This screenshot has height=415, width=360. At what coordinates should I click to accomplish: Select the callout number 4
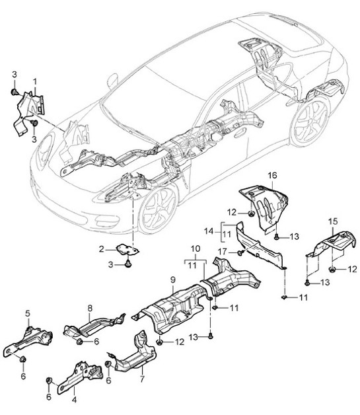pos(74,399)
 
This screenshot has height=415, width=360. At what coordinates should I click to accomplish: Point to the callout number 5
pos(28,313)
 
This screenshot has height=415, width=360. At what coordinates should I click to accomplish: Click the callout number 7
pos(141,379)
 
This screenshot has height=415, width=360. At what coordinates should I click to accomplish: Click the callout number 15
pos(334,219)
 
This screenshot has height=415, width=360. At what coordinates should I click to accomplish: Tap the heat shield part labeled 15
pos(330,248)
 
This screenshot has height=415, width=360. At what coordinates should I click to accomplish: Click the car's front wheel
pos(157,209)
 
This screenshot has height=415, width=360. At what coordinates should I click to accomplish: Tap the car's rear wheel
pos(309,122)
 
